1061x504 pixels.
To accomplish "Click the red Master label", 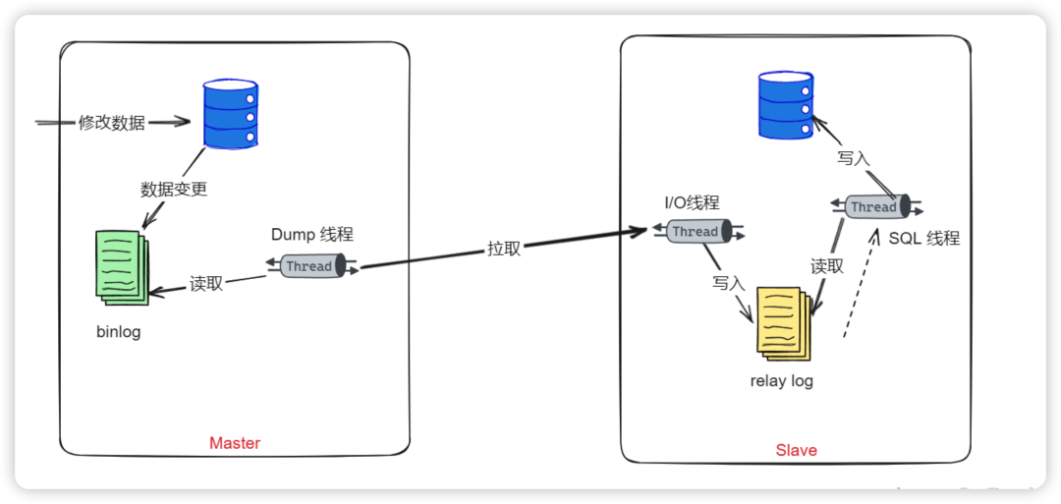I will [235, 443].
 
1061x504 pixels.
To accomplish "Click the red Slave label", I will [796, 450].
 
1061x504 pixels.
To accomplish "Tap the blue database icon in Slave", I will [786, 106].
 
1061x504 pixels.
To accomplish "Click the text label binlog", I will [118, 331].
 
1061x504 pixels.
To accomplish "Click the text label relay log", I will [782, 381].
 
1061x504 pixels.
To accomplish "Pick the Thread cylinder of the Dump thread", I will [310, 266].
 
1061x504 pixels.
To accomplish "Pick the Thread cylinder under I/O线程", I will [696, 232].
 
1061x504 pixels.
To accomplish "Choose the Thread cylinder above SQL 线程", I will [873, 206].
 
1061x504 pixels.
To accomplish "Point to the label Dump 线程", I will [311, 235].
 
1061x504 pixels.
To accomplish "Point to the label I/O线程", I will [692, 202].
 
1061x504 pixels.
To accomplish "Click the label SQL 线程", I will [923, 239].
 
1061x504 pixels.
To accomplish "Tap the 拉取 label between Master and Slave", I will [504, 249].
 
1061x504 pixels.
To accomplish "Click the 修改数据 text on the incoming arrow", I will [112, 123].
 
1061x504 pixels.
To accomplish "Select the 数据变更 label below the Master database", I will [174, 189].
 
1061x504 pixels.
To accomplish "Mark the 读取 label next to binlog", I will [206, 284].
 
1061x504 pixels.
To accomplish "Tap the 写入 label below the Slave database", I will [854, 157].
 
